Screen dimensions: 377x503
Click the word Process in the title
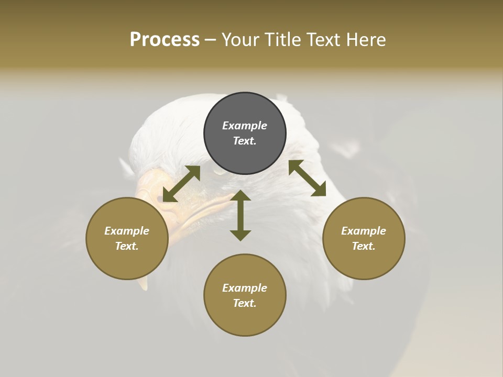click(x=165, y=40)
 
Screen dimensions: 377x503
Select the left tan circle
click(x=127, y=262)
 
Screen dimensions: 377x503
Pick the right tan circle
click(x=364, y=262)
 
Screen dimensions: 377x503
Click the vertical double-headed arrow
click(x=240, y=215)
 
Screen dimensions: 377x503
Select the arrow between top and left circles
click(x=181, y=184)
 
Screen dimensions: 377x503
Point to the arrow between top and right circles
click(x=307, y=178)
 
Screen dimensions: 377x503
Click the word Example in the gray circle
click(x=245, y=126)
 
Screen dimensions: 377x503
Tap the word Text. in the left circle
click(x=127, y=246)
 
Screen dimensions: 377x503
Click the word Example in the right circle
click(x=364, y=231)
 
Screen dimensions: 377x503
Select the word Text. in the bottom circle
click(x=245, y=303)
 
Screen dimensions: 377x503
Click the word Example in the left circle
click(x=127, y=231)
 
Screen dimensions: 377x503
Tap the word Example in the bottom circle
click(x=245, y=288)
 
